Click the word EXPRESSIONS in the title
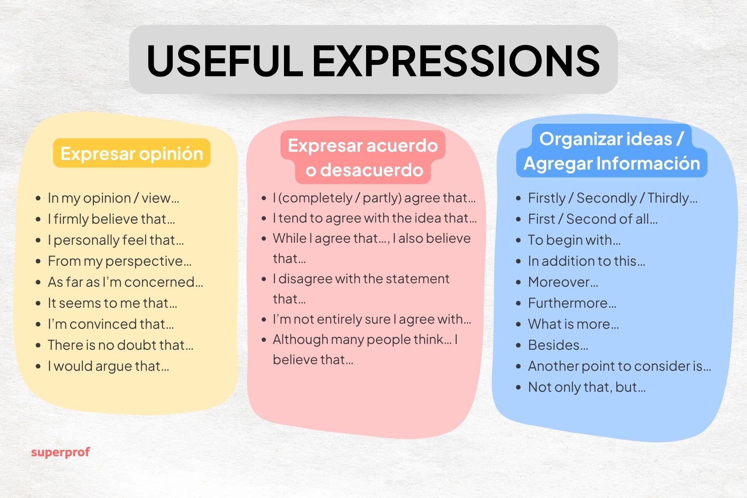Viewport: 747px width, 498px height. tap(456, 60)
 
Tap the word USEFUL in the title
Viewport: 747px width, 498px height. tap(224, 60)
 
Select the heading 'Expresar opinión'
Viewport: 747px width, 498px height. tap(132, 153)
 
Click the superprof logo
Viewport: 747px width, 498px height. tap(60, 452)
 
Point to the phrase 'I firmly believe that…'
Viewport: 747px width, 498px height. tap(111, 219)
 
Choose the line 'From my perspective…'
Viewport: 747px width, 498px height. tap(119, 261)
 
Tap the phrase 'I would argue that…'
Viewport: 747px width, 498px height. tap(108, 366)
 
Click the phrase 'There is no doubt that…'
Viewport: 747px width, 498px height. tap(120, 345)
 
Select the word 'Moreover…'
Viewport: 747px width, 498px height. tap(563, 282)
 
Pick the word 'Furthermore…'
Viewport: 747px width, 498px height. tap(572, 303)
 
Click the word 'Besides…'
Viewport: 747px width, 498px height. tap(558, 345)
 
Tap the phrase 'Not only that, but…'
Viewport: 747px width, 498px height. tap(586, 387)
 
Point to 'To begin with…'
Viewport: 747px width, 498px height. tap(574, 240)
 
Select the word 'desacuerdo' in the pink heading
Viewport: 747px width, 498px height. tap(371, 170)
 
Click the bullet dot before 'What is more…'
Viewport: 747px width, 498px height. tap(518, 324)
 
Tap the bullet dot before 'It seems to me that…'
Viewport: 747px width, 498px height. tap(38, 303)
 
